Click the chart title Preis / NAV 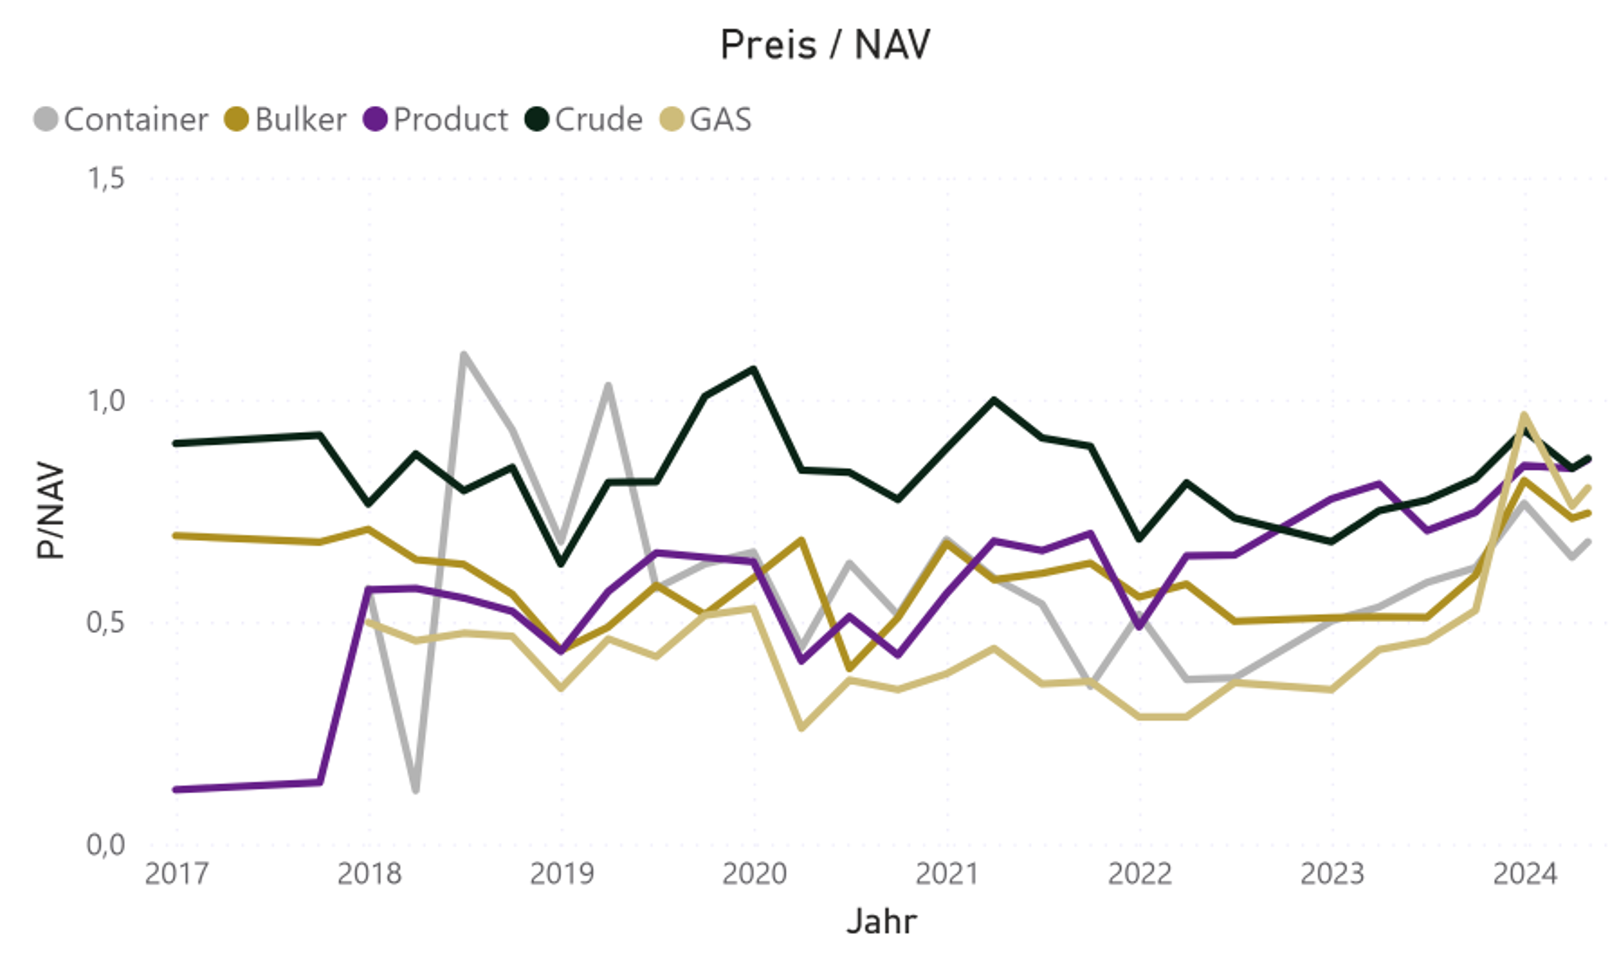[825, 45]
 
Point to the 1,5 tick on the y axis [106, 178]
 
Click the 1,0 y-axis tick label [106, 401]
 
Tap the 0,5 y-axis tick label [106, 623]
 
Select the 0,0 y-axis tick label [106, 845]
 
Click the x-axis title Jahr [882, 922]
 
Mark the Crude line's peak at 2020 [754, 369]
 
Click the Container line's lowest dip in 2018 [416, 790]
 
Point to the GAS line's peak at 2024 [1524, 415]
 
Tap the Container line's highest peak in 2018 [463, 354]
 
